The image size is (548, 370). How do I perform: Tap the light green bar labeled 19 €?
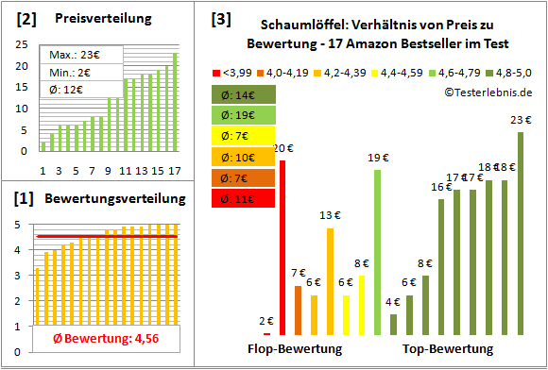pos(377,252)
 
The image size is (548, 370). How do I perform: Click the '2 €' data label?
pos(266,321)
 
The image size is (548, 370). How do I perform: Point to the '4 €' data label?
pos(393,302)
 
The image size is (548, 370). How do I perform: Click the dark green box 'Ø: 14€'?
pos(245,94)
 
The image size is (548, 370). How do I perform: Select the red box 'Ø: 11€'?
pos(245,198)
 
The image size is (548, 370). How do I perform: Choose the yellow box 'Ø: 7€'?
pos(245,136)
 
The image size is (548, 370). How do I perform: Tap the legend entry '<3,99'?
pos(232,72)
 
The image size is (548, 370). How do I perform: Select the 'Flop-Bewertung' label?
pos(295,349)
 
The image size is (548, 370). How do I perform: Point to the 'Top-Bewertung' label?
pos(448,349)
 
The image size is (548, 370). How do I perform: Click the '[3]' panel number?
pos(220,19)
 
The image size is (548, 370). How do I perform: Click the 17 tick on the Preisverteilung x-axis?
pos(174,170)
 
